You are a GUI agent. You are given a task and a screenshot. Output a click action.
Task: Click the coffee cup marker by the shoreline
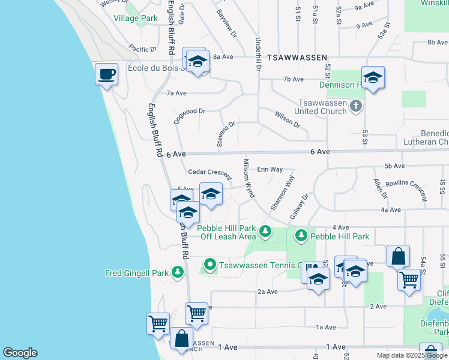pyautogui.click(x=107, y=74)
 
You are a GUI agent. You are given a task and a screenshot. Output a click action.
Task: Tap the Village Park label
pyautogui.click(x=136, y=18)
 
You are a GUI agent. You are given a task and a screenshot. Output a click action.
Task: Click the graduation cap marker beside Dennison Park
pyautogui.click(x=373, y=77)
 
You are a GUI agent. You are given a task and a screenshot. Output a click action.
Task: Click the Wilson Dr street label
pyautogui.click(x=287, y=119)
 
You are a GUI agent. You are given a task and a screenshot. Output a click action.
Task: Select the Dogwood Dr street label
pyautogui.click(x=189, y=115)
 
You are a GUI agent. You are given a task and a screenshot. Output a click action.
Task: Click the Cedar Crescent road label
pyautogui.click(x=209, y=173)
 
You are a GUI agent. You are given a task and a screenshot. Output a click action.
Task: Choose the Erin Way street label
pyautogui.click(x=270, y=170)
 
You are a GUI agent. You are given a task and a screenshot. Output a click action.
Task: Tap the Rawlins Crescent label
pyautogui.click(x=406, y=188)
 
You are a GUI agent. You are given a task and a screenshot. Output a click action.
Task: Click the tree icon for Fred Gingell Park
pyautogui.click(x=177, y=273)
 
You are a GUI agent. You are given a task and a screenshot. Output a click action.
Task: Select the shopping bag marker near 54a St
pyautogui.click(x=398, y=256)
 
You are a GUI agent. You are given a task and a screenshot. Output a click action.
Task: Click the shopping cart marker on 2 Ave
pyautogui.click(x=196, y=313)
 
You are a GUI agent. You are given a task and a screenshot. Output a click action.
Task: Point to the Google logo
pyautogui.click(x=20, y=353)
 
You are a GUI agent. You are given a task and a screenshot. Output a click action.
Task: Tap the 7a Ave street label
pyautogui.click(x=177, y=93)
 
